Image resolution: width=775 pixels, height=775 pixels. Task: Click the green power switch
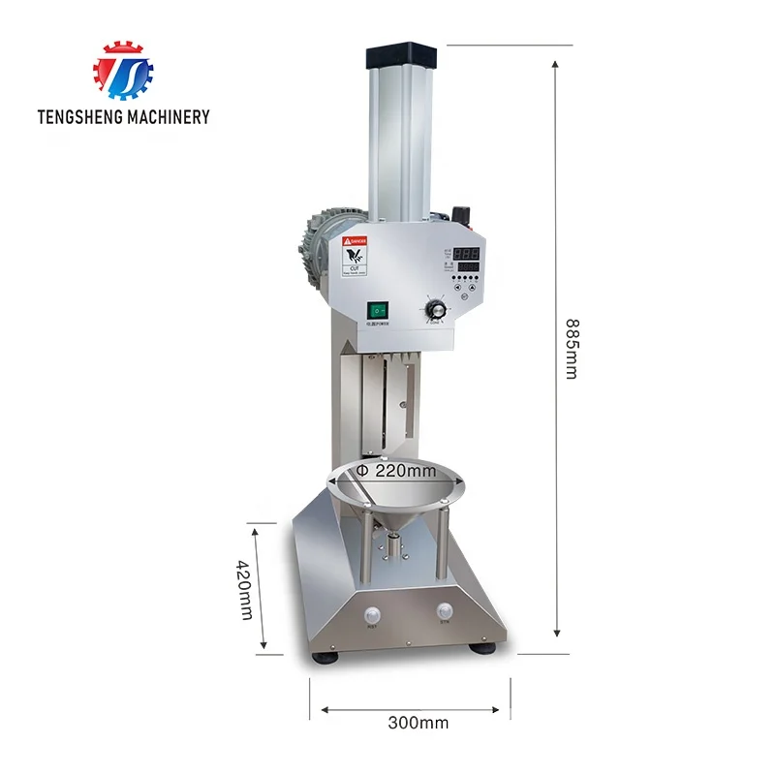click(x=378, y=312)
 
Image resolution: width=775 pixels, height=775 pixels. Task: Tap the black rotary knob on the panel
click(x=436, y=310)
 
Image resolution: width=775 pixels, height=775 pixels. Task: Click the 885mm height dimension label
click(x=571, y=349)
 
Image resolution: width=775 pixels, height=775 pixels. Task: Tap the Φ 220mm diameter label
click(x=393, y=470)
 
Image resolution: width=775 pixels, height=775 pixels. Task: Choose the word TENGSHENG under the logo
click(x=78, y=117)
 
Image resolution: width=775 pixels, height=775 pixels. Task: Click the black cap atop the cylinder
click(x=402, y=55)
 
